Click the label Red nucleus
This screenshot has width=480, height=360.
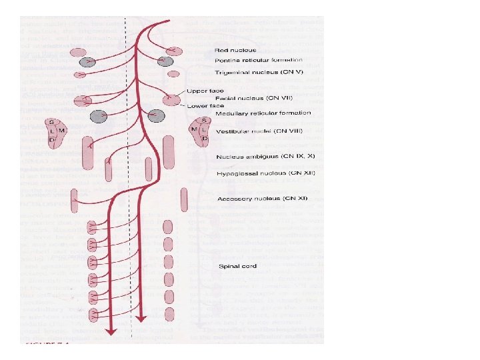click(235, 50)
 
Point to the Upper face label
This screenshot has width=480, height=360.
click(206, 91)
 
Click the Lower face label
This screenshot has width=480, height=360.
click(207, 106)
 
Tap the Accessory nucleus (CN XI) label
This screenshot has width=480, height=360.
click(257, 199)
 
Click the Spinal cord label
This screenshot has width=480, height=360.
click(237, 267)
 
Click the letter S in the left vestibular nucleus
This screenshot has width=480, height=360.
click(51, 123)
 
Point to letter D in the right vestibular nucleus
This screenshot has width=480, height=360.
click(205, 139)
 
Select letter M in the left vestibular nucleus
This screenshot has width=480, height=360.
click(61, 130)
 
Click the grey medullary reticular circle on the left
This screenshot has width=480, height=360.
click(99, 116)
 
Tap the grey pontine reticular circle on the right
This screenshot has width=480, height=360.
click(163, 62)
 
